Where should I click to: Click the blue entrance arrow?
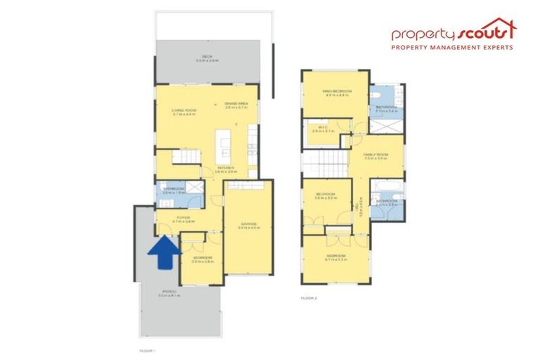[162, 252]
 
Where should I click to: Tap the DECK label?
[207, 57]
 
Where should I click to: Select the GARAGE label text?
[247, 224]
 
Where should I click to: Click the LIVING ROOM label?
[184, 110]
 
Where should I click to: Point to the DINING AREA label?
[237, 104]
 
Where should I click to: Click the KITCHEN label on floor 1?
[226, 167]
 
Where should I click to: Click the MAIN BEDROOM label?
[335, 91]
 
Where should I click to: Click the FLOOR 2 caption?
[309, 299]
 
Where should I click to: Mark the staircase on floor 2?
[324, 167]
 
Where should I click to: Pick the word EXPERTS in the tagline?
[493, 48]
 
